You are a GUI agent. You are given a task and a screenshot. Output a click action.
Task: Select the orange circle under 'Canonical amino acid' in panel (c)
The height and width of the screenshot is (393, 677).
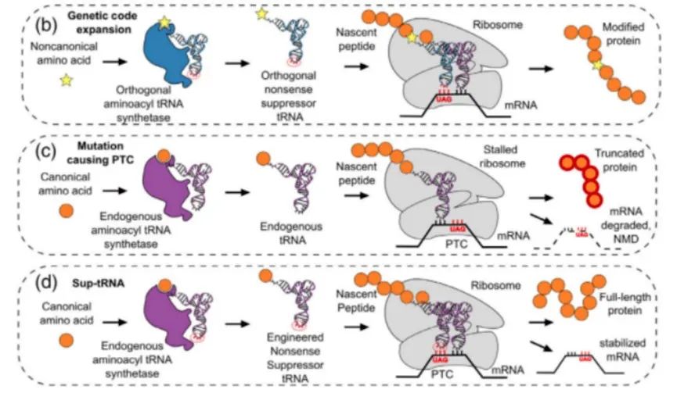(x=65, y=209)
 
